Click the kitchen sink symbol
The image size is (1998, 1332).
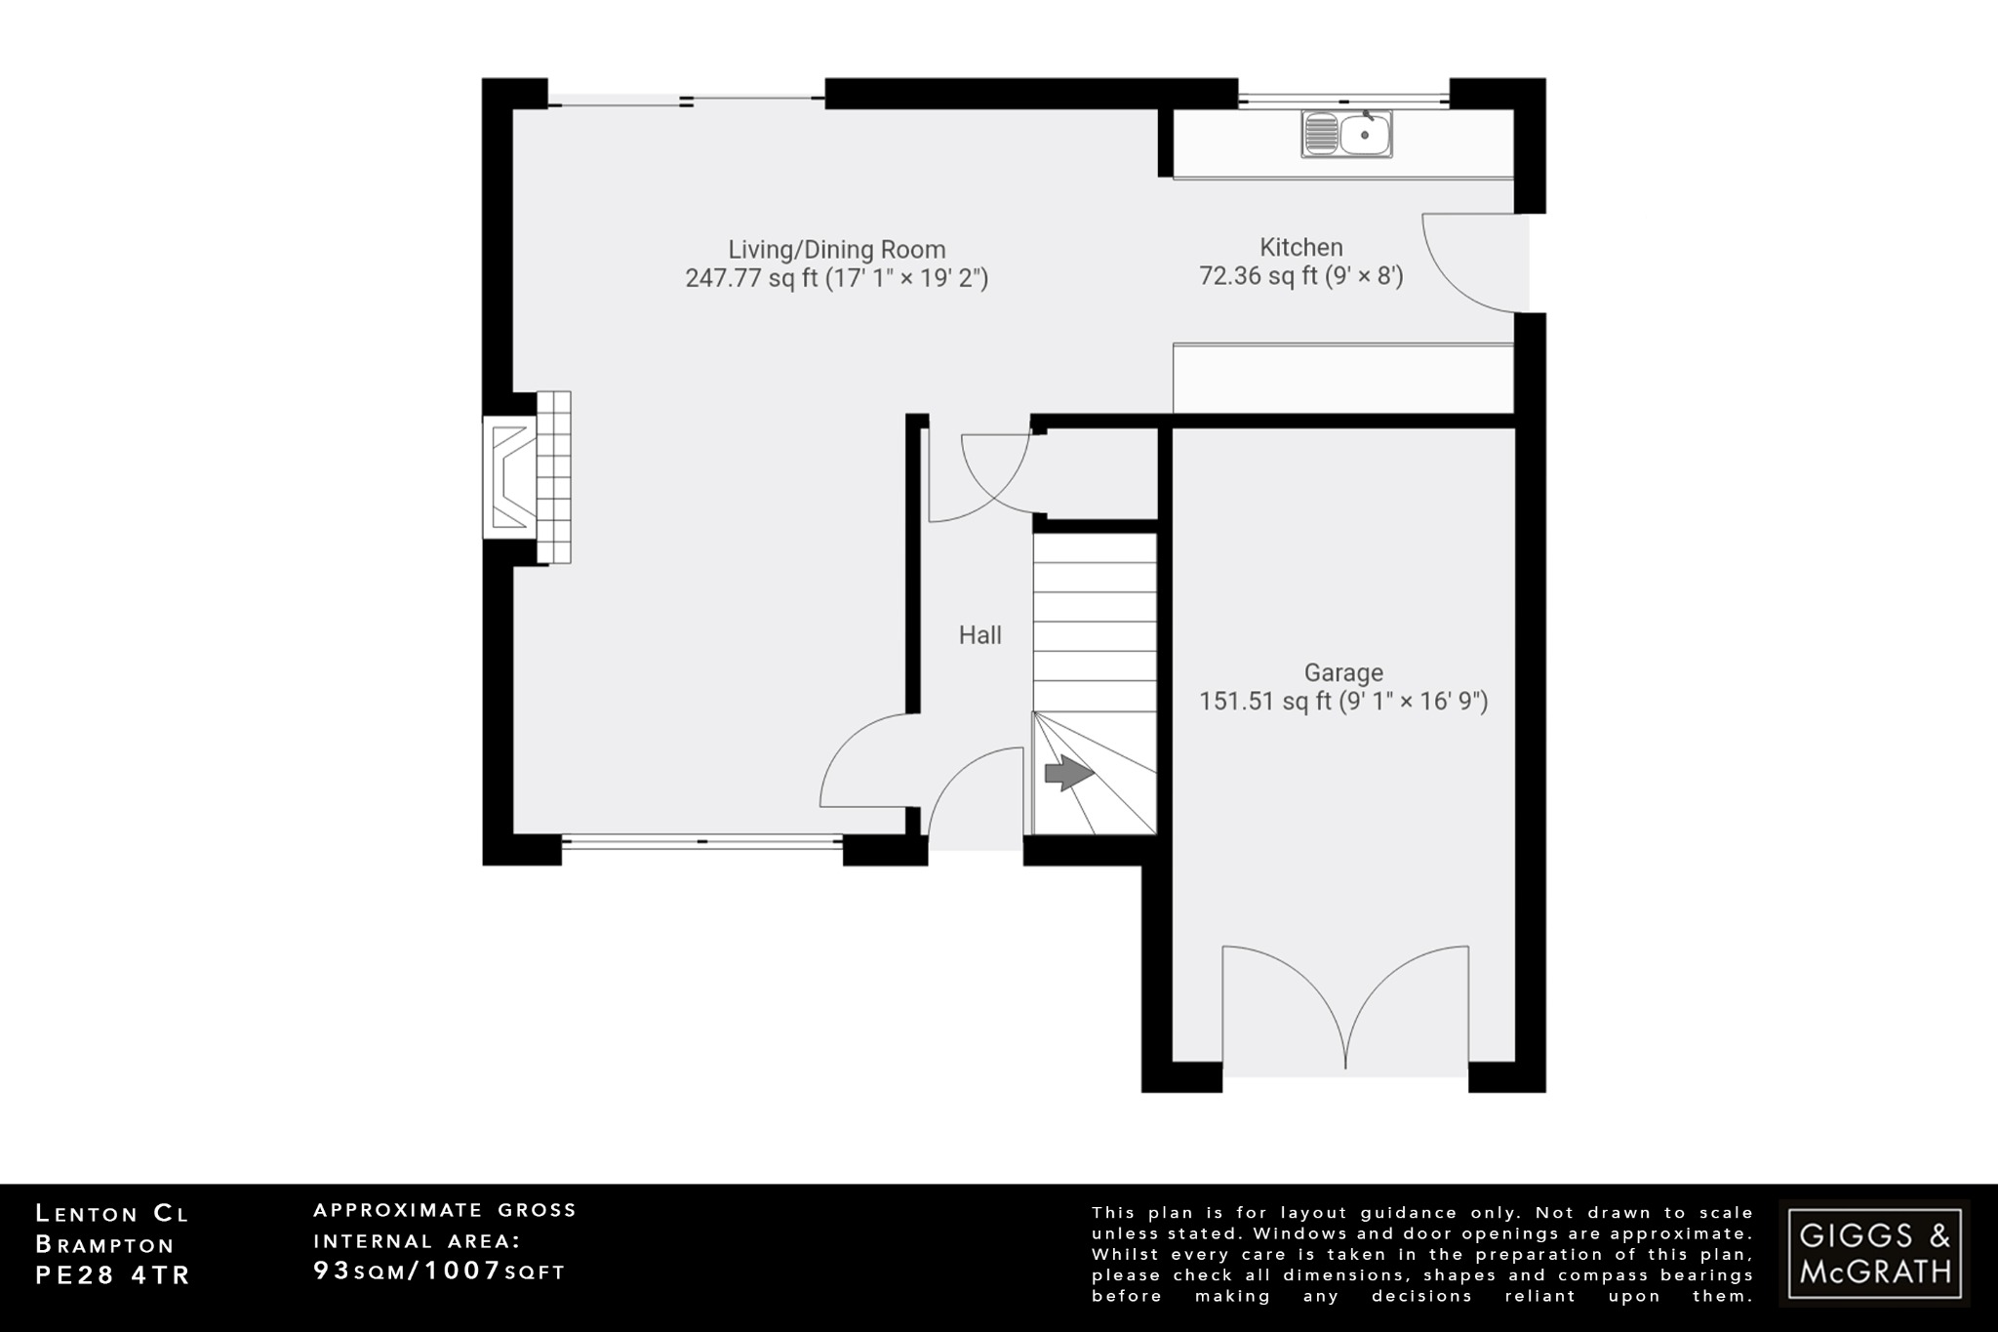(x=1346, y=135)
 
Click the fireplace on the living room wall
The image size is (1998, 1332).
(x=527, y=477)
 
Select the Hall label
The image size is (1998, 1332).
(x=979, y=635)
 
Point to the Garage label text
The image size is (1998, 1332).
(x=1343, y=672)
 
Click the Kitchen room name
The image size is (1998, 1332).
(x=1300, y=247)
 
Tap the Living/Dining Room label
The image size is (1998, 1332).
(x=836, y=249)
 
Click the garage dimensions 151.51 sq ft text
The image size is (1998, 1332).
(x=1343, y=702)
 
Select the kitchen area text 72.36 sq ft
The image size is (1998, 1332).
(x=1300, y=276)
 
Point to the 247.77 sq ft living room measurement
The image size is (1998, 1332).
(x=836, y=278)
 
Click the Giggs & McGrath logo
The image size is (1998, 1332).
(x=1874, y=1253)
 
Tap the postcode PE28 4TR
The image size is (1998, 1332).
(x=113, y=1275)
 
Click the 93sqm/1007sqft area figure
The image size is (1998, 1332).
(x=439, y=1271)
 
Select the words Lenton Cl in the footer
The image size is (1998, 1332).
(x=112, y=1214)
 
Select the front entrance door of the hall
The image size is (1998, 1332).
(x=973, y=795)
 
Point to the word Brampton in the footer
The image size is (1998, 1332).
(x=104, y=1245)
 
